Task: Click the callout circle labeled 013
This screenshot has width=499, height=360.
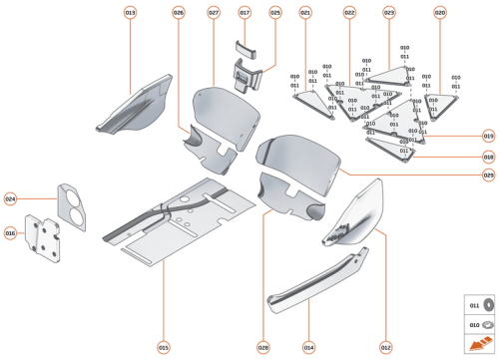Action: click(x=131, y=12)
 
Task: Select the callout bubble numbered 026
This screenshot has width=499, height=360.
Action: click(x=178, y=12)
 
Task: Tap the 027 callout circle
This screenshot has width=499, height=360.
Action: click(x=214, y=12)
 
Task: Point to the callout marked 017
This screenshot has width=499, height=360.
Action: click(x=245, y=12)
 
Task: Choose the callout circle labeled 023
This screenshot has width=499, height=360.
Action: click(x=389, y=12)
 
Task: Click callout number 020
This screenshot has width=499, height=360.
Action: click(x=440, y=12)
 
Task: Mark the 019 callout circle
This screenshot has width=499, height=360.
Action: click(x=489, y=136)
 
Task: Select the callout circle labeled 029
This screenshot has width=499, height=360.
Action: click(x=489, y=176)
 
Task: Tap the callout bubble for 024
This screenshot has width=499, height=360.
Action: click(x=10, y=198)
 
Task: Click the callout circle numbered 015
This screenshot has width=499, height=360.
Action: click(x=163, y=347)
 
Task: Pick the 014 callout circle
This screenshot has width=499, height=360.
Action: click(x=309, y=347)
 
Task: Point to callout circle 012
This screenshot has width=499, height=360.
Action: click(x=385, y=347)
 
